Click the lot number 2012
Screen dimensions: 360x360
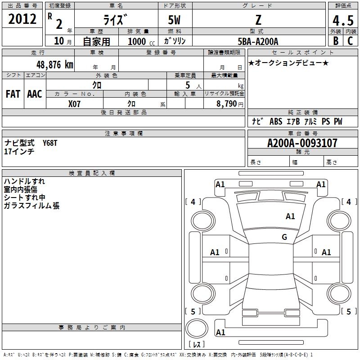tap(22, 19)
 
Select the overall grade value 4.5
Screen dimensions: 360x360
tap(342, 21)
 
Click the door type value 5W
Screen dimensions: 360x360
tap(175, 20)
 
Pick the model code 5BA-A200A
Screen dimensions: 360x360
tap(258, 41)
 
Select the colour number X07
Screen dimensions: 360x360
tap(74, 103)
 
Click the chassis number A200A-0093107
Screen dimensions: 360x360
tap(302, 143)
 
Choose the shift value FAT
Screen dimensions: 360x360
tap(13, 94)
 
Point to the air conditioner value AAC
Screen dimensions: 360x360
tap(35, 94)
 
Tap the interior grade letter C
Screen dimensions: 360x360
tap(350, 41)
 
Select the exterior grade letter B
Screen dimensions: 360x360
tap(335, 41)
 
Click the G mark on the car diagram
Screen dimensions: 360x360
tap(284, 237)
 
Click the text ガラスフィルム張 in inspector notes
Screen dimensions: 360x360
tap(31, 206)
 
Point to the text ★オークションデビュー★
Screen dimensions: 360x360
tap(288, 63)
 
